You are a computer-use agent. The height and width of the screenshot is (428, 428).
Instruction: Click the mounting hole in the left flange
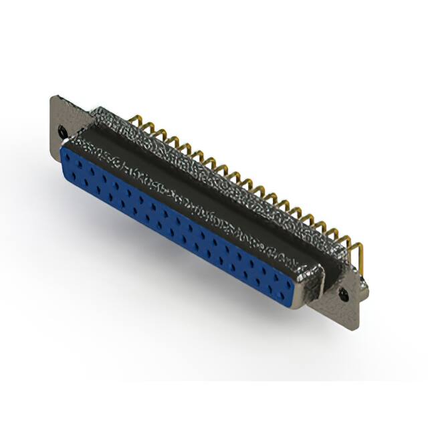[x=64, y=131]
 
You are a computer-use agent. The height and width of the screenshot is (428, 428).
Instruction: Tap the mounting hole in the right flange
[x=344, y=293]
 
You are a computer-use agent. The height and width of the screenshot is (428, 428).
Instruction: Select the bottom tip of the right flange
[x=356, y=328]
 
